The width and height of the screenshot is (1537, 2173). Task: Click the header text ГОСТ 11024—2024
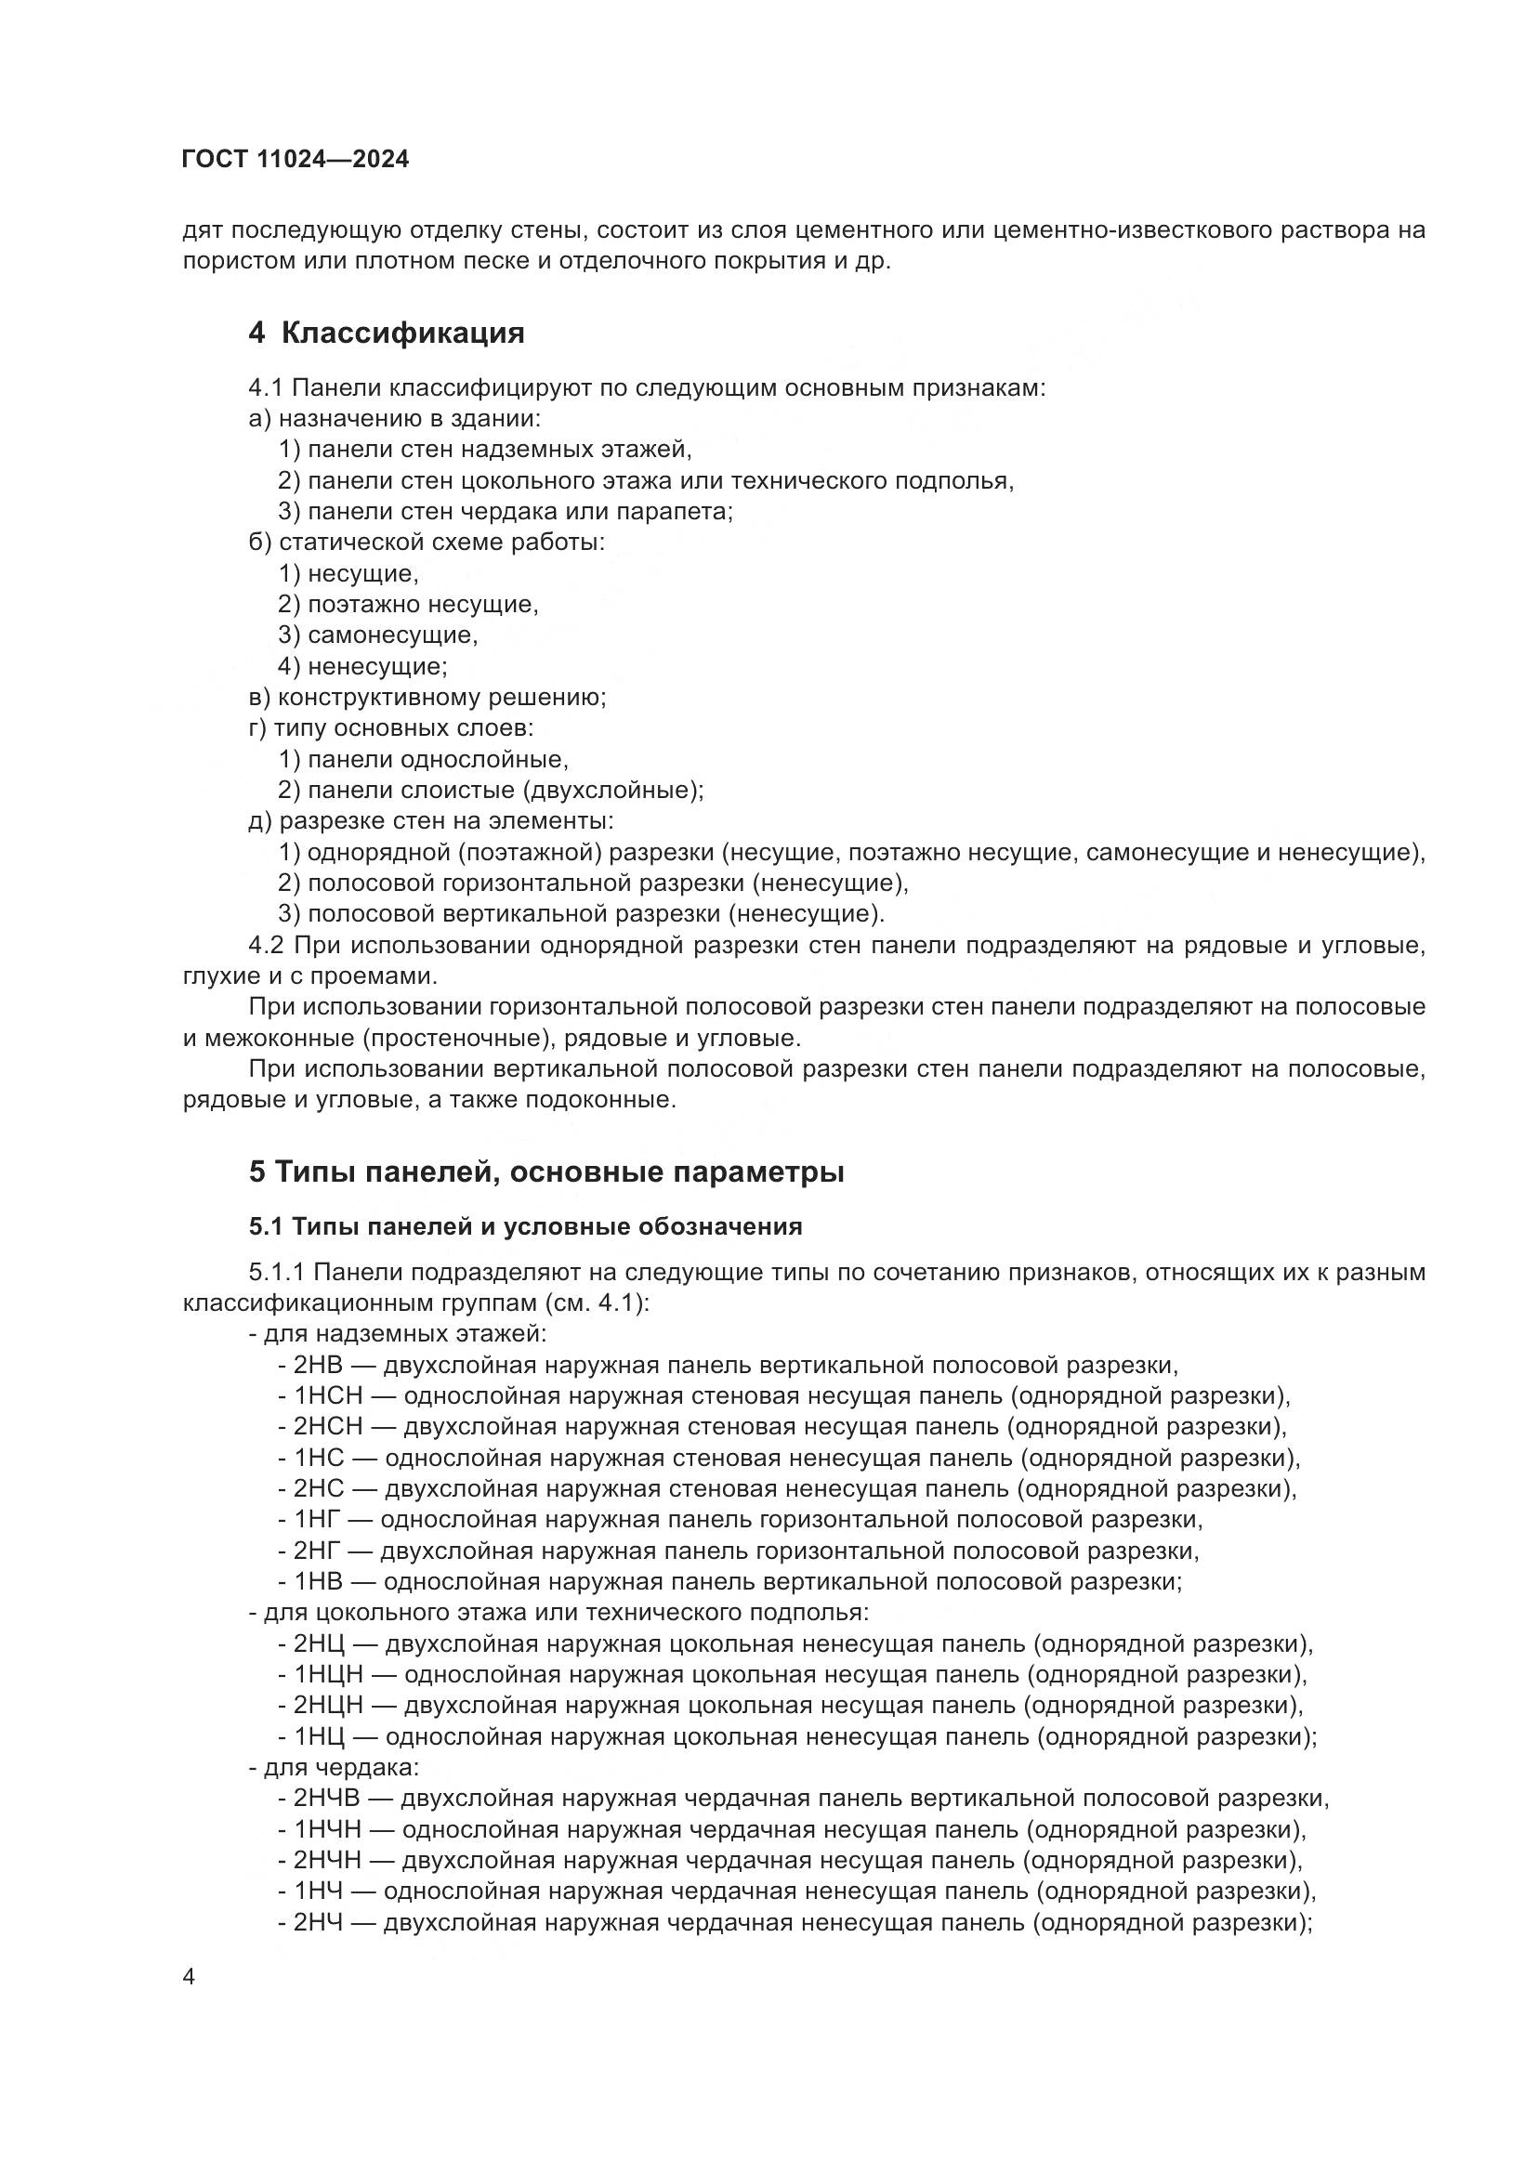(296, 159)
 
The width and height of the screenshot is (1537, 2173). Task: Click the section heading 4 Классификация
(387, 334)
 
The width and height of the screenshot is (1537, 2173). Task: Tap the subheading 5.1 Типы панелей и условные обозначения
(525, 1226)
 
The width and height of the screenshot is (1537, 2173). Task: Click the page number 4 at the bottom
(189, 1977)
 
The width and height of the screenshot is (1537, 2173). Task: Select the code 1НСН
(327, 1396)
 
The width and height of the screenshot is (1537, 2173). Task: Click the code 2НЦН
(327, 1706)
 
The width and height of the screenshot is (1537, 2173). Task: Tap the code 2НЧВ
(326, 1799)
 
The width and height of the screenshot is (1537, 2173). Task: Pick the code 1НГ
(317, 1520)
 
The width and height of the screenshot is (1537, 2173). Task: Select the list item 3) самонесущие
(377, 635)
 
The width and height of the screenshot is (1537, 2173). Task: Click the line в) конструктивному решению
(427, 698)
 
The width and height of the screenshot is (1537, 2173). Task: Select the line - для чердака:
(335, 1767)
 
